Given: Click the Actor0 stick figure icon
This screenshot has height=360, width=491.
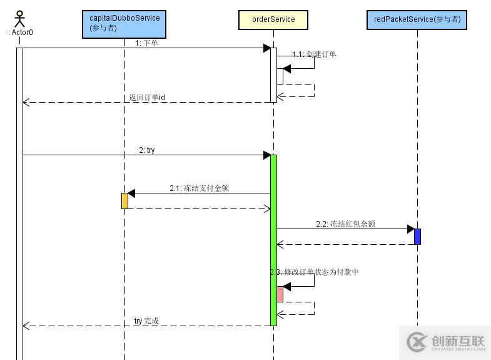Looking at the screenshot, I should coord(19,19).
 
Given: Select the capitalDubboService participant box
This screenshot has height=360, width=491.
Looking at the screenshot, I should coord(124,23).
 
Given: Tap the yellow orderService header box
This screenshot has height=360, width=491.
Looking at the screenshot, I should coord(273,19).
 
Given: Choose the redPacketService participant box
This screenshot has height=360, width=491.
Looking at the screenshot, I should coord(417,19).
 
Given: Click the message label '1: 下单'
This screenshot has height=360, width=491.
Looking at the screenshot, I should coord(146,43).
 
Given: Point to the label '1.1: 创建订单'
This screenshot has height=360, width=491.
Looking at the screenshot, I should coord(314,54).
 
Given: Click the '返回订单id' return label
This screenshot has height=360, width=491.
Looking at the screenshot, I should coord(147,98).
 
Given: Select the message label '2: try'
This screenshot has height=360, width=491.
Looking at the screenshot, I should coord(147,150).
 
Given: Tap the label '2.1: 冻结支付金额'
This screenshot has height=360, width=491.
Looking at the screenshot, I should coord(199,188).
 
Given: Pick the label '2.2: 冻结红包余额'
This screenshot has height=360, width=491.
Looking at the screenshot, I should coord(345,224).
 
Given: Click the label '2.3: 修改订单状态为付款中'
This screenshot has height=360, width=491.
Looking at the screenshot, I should coord(315,272).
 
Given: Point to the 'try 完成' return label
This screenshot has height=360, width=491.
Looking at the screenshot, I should coord(146,321).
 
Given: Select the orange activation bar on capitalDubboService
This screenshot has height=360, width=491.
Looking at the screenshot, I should coord(124,200).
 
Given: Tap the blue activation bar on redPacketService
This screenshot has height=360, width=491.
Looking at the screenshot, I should coord(417,236).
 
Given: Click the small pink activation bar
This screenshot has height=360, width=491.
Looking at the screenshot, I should coord(280,294).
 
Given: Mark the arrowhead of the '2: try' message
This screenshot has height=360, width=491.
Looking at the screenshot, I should coord(267,155).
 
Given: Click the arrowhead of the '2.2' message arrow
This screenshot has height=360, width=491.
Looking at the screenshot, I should coord(411,229).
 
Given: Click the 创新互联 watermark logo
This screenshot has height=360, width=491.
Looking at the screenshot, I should coord(446,342).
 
